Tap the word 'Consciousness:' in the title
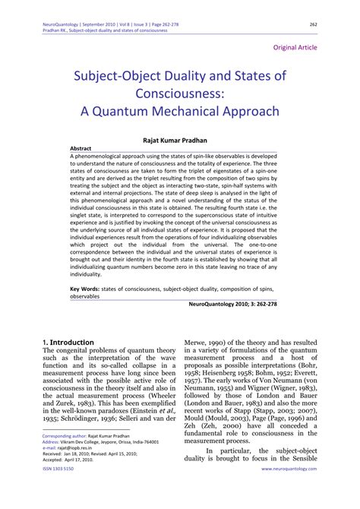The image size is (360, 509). pos(180,93)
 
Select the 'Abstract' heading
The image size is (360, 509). pos(81,149)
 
